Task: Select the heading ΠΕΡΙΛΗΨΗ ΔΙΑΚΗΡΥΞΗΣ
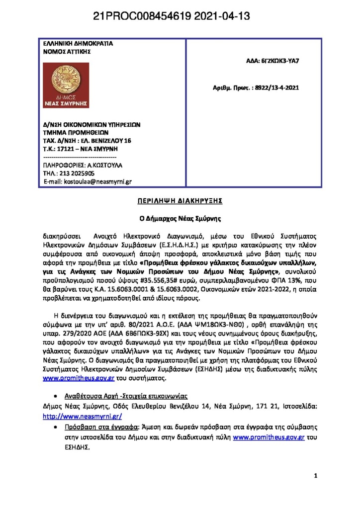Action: click(x=180, y=202)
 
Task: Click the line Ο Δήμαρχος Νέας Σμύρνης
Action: click(x=180, y=218)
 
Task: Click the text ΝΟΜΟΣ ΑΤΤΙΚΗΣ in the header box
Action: click(x=67, y=51)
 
